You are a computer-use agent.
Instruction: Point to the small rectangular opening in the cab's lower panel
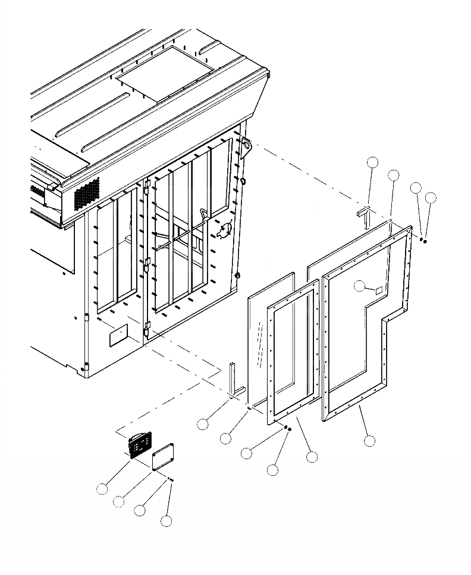tap(117, 336)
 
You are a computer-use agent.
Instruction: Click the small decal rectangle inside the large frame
tap(377, 290)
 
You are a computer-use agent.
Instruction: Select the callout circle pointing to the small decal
tap(359, 286)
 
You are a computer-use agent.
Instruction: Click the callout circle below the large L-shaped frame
tap(369, 441)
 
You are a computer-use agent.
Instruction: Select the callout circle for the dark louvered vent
tap(102, 488)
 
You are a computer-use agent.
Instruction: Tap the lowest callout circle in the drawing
tap(167, 521)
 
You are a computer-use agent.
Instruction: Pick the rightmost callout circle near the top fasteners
tap(431, 197)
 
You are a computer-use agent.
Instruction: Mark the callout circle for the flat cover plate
tap(119, 501)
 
